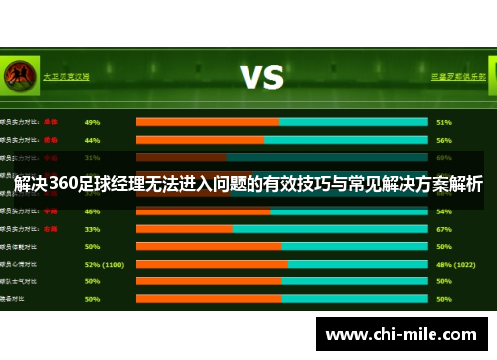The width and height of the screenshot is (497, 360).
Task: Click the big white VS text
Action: (261, 77)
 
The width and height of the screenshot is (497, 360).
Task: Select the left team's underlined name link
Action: (67, 75)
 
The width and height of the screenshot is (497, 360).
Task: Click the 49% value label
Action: (92, 122)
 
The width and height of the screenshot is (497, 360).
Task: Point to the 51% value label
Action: (444, 122)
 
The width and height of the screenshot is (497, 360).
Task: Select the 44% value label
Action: (92, 140)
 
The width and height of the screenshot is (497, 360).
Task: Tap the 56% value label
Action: (444, 140)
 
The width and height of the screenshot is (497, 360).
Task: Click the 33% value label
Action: (92, 228)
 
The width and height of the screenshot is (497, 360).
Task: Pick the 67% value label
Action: (444, 228)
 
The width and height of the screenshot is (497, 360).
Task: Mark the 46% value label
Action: (92, 211)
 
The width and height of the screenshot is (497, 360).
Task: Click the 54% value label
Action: (444, 211)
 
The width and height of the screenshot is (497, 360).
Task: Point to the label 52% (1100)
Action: (104, 264)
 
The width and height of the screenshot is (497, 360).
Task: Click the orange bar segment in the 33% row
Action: (184, 228)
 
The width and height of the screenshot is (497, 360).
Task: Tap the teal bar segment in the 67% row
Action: (331, 228)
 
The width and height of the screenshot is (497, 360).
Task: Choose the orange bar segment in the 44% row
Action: (200, 140)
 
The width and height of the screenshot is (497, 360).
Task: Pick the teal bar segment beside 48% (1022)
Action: (358, 264)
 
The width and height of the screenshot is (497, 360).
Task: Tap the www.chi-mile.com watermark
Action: (402, 335)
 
